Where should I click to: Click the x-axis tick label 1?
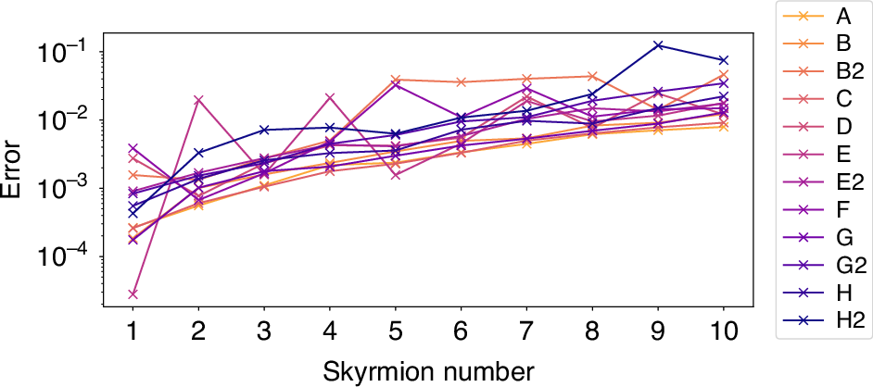pyautogui.click(x=133, y=331)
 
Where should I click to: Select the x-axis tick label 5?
pyautogui.click(x=396, y=331)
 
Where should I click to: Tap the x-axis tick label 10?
pyautogui.click(x=723, y=331)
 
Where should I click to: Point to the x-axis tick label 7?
pyautogui.click(x=526, y=331)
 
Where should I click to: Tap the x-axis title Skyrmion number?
pyautogui.click(x=428, y=370)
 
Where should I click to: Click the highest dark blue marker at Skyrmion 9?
pyautogui.click(x=658, y=44)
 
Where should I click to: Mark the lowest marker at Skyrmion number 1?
pyautogui.click(x=133, y=294)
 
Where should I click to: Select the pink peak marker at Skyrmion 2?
pyautogui.click(x=198, y=99)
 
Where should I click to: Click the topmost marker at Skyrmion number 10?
pyautogui.click(x=723, y=60)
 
